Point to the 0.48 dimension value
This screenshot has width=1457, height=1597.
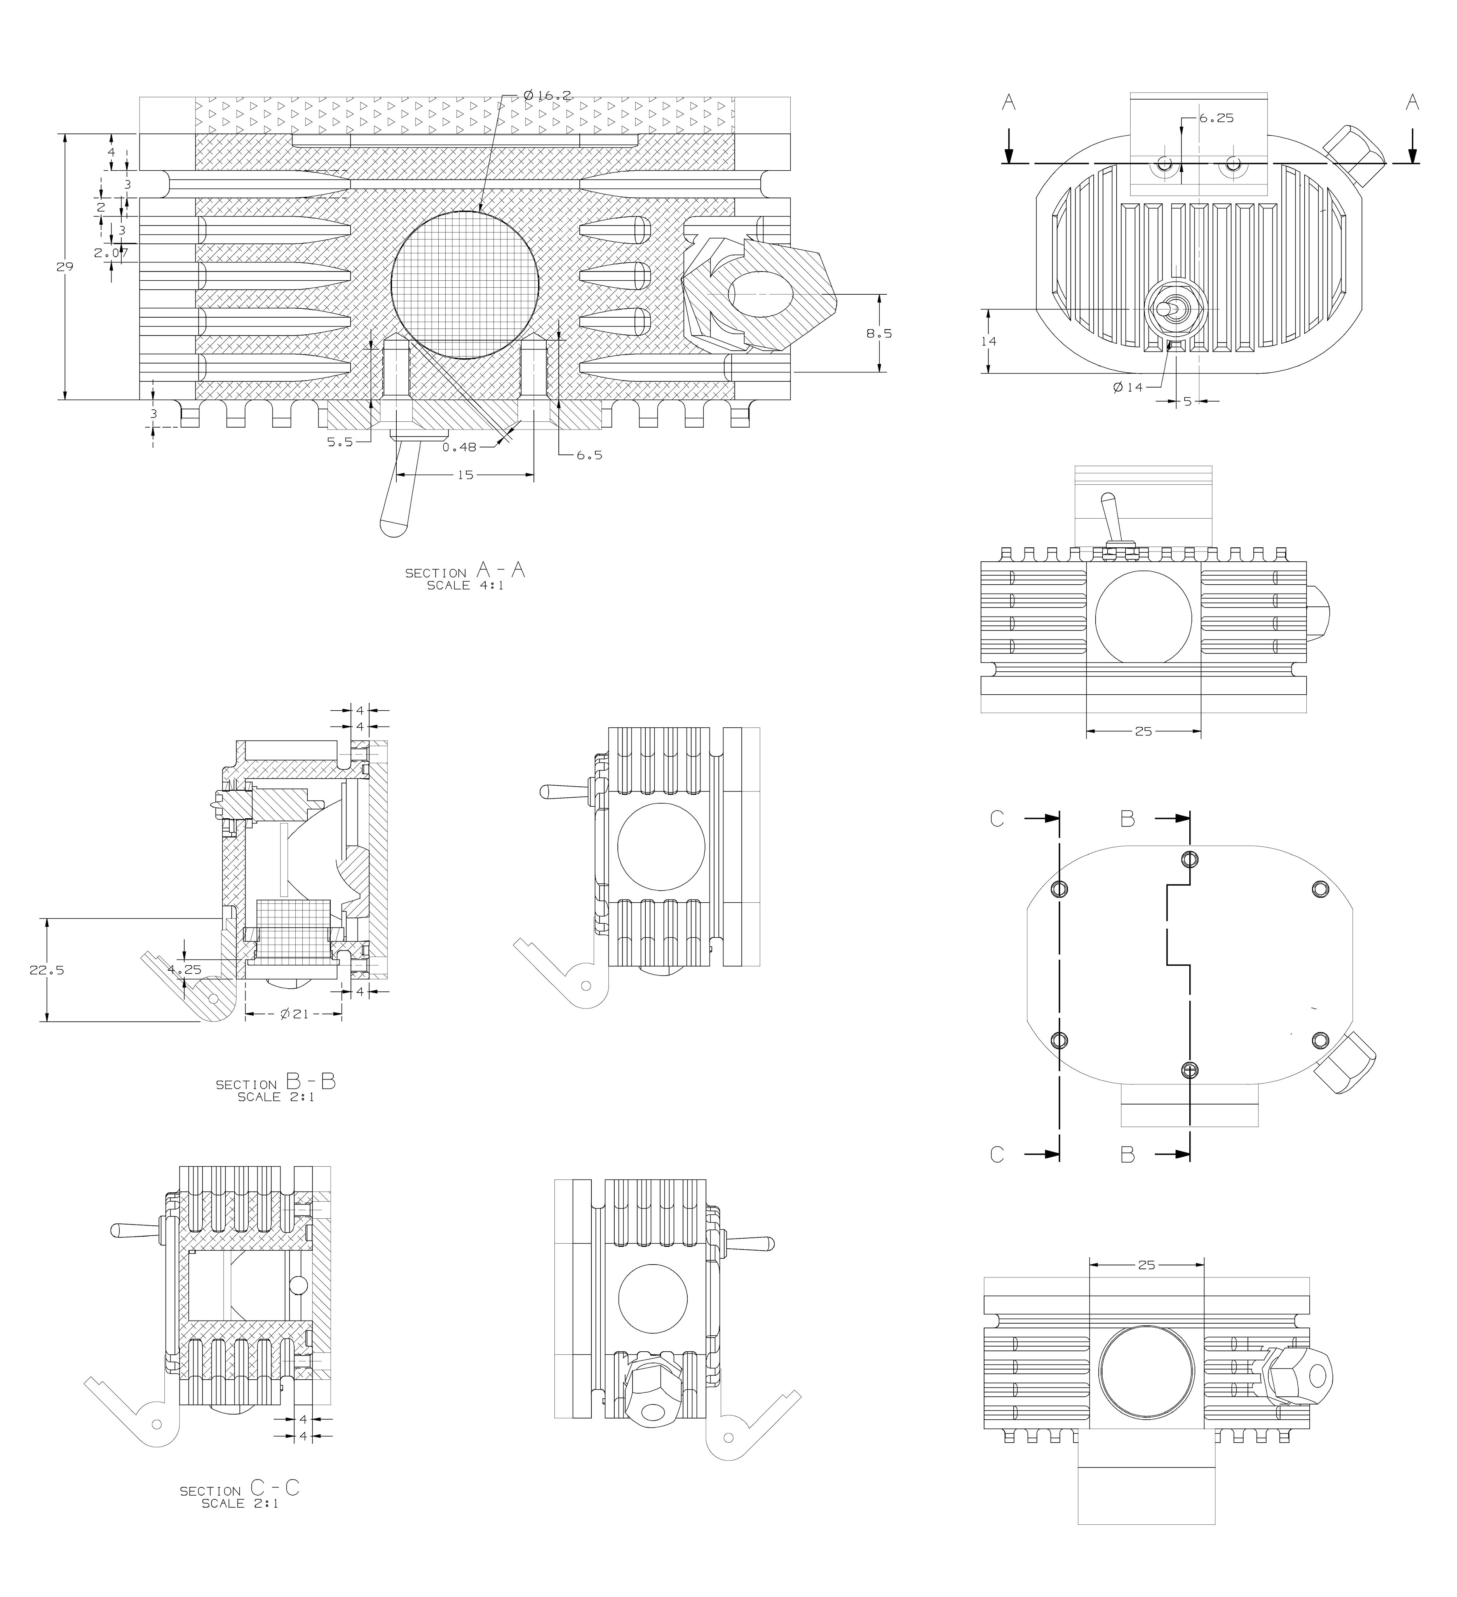[x=459, y=447]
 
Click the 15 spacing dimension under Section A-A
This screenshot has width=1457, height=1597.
[x=465, y=475]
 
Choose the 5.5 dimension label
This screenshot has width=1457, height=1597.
[x=340, y=442]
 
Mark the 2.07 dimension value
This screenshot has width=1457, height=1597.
[x=111, y=253]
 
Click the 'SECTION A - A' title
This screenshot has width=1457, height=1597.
[x=465, y=570]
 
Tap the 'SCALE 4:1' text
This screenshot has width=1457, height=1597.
[x=465, y=586]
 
